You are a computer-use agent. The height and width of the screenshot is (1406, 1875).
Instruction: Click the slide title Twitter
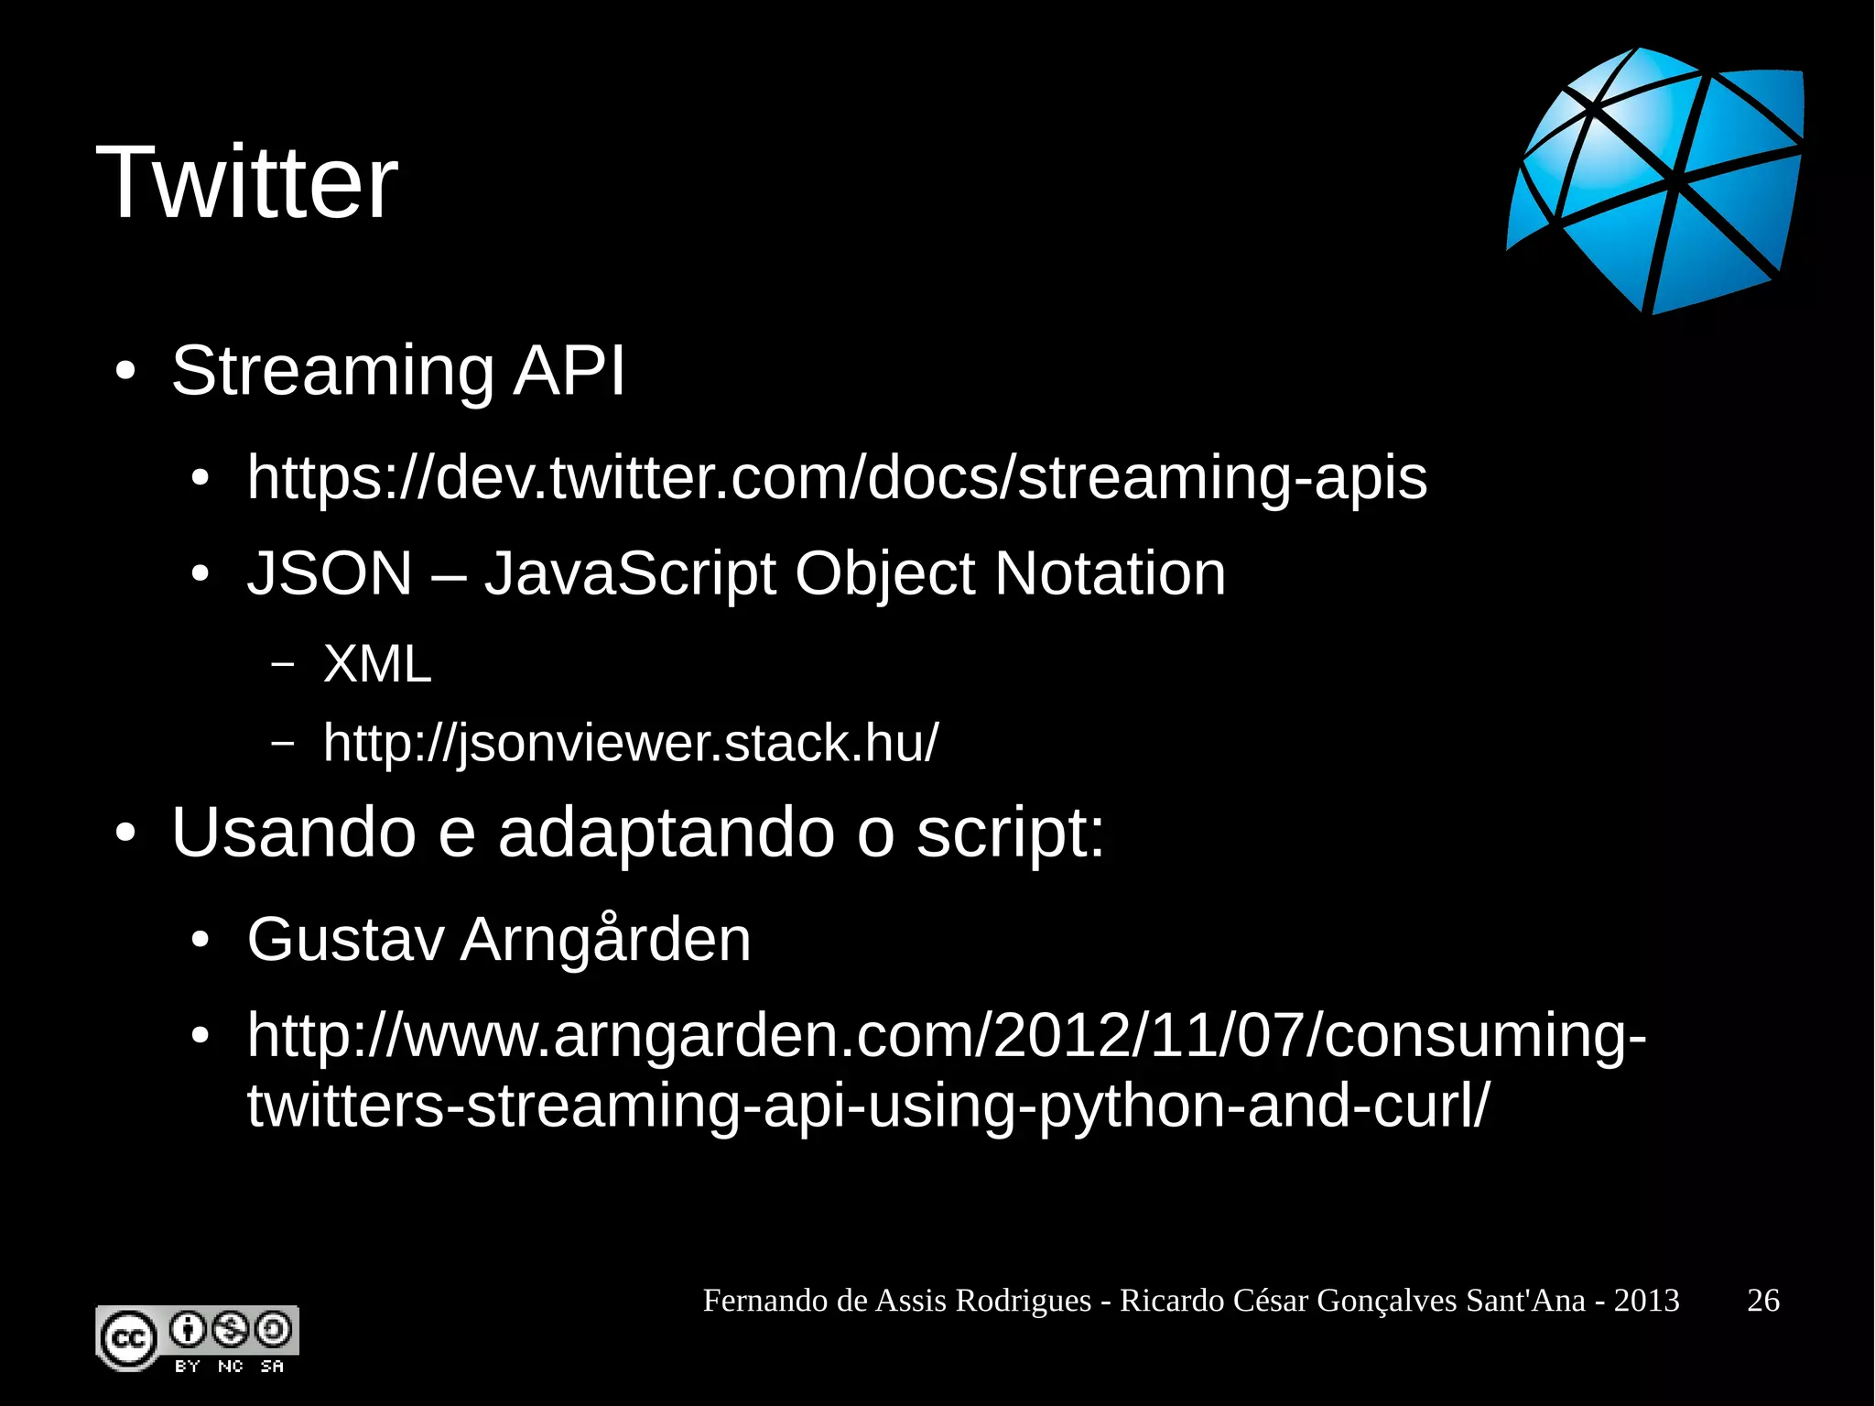[x=246, y=183]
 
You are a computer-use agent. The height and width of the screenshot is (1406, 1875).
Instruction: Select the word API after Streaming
[x=569, y=371]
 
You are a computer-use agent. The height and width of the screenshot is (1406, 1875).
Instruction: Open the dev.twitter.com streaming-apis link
[x=837, y=478]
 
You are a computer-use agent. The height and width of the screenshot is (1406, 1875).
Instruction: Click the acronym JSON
[x=330, y=574]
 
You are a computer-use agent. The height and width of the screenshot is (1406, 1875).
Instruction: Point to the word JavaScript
[x=630, y=574]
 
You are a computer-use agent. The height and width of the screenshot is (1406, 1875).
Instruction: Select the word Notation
[x=1110, y=574]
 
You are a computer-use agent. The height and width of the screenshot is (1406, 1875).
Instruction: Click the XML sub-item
[x=377, y=663]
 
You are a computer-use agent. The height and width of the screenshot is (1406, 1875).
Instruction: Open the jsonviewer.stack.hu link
[x=631, y=743]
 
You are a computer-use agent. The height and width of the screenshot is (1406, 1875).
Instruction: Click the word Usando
[x=293, y=833]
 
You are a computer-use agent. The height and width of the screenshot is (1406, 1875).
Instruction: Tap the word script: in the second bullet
[x=1011, y=833]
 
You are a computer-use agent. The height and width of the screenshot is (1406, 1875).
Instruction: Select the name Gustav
[x=345, y=940]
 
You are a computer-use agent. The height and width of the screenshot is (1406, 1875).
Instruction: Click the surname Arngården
[x=605, y=940]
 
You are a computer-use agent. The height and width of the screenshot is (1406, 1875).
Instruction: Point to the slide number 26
[x=1763, y=1301]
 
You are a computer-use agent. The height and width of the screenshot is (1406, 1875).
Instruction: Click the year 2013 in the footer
[x=1646, y=1301]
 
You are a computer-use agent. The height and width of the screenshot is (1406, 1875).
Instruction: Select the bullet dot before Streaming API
[x=125, y=372]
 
